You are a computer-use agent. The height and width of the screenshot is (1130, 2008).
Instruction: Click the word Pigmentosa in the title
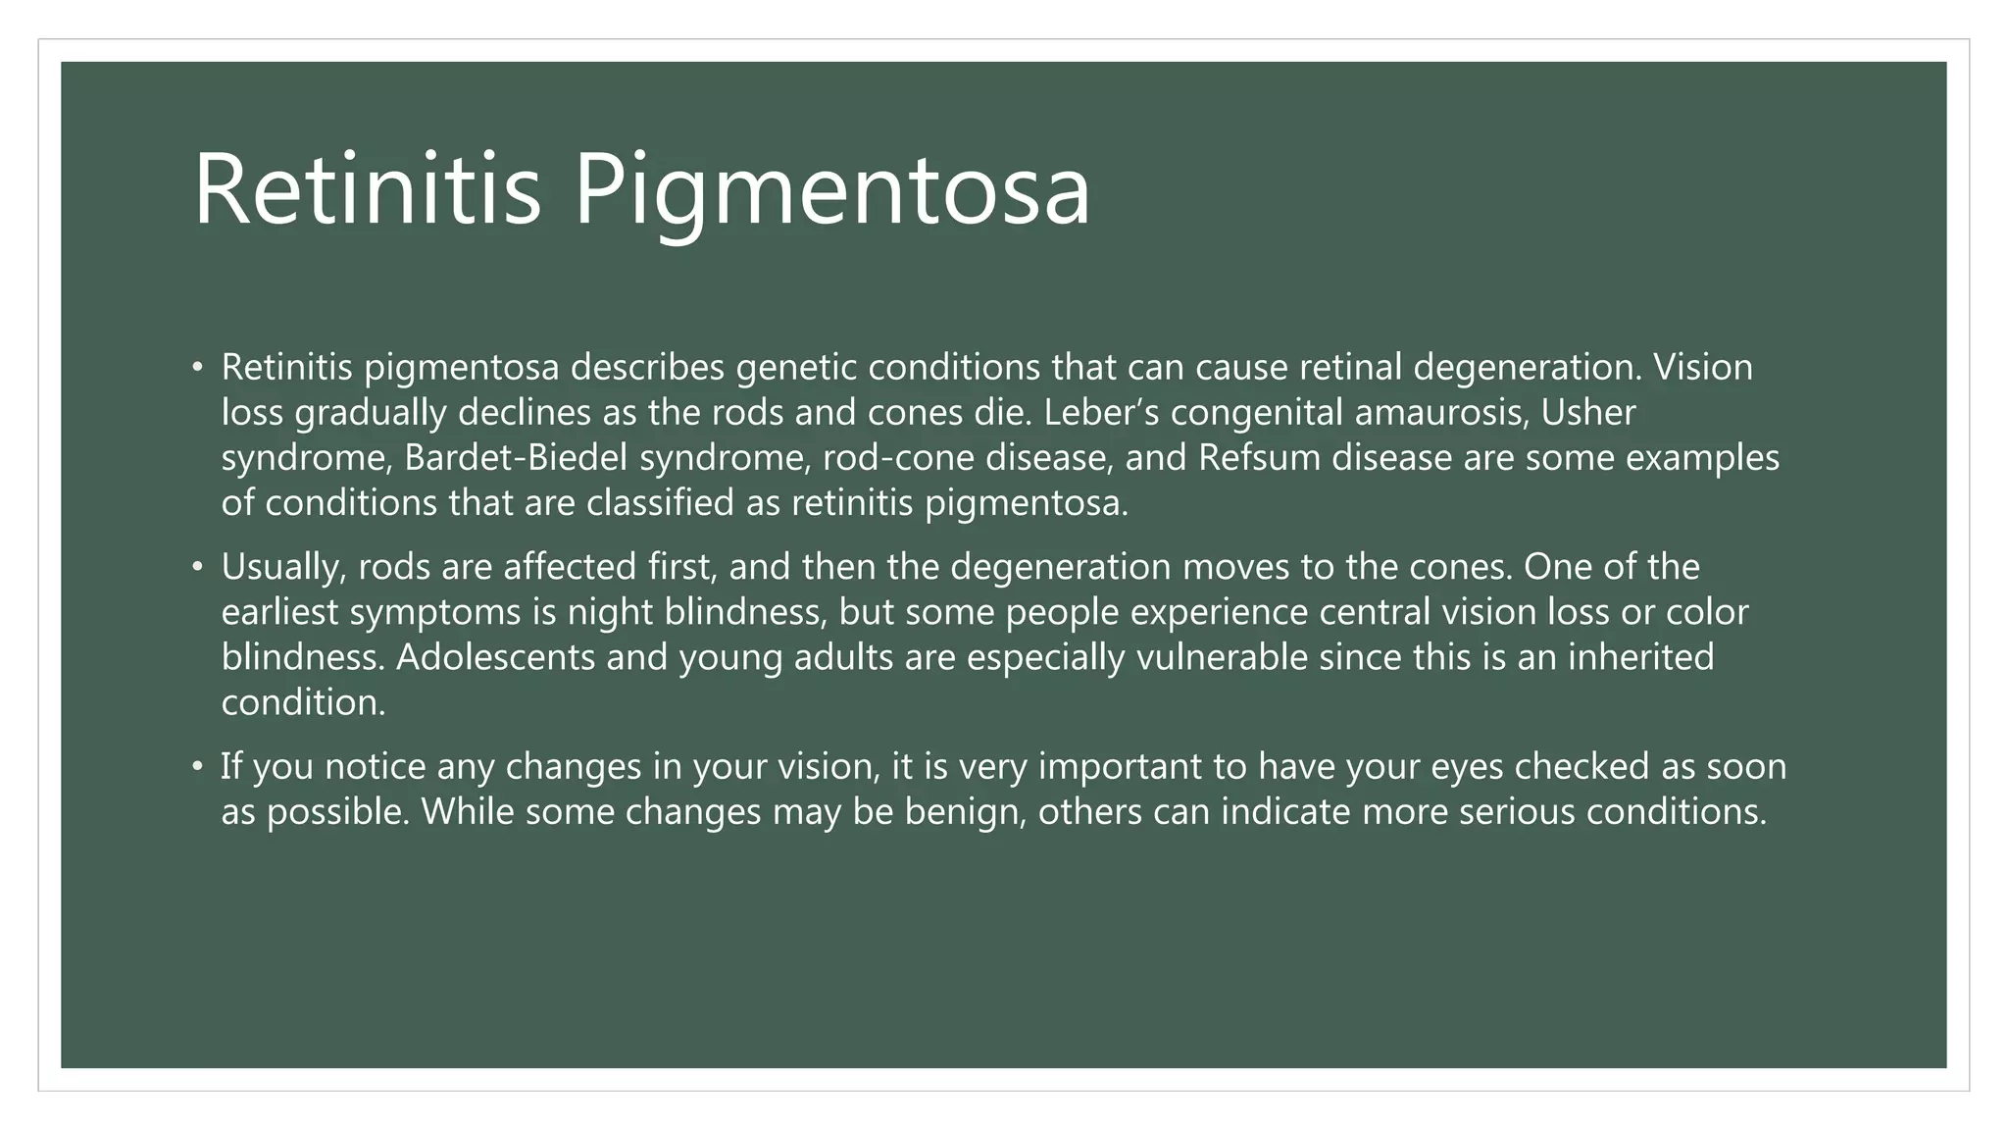point(831,188)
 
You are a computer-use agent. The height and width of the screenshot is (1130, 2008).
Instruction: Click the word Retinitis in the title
point(367,188)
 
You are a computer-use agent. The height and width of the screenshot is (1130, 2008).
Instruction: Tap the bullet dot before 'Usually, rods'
point(197,567)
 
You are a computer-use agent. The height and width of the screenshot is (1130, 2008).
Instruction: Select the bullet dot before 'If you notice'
point(197,766)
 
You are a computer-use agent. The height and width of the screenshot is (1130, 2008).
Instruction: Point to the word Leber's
point(1101,412)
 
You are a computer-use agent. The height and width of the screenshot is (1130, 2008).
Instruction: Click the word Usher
point(1588,412)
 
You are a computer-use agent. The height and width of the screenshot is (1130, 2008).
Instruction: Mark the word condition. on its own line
point(303,701)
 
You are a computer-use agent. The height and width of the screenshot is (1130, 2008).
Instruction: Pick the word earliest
point(280,611)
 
